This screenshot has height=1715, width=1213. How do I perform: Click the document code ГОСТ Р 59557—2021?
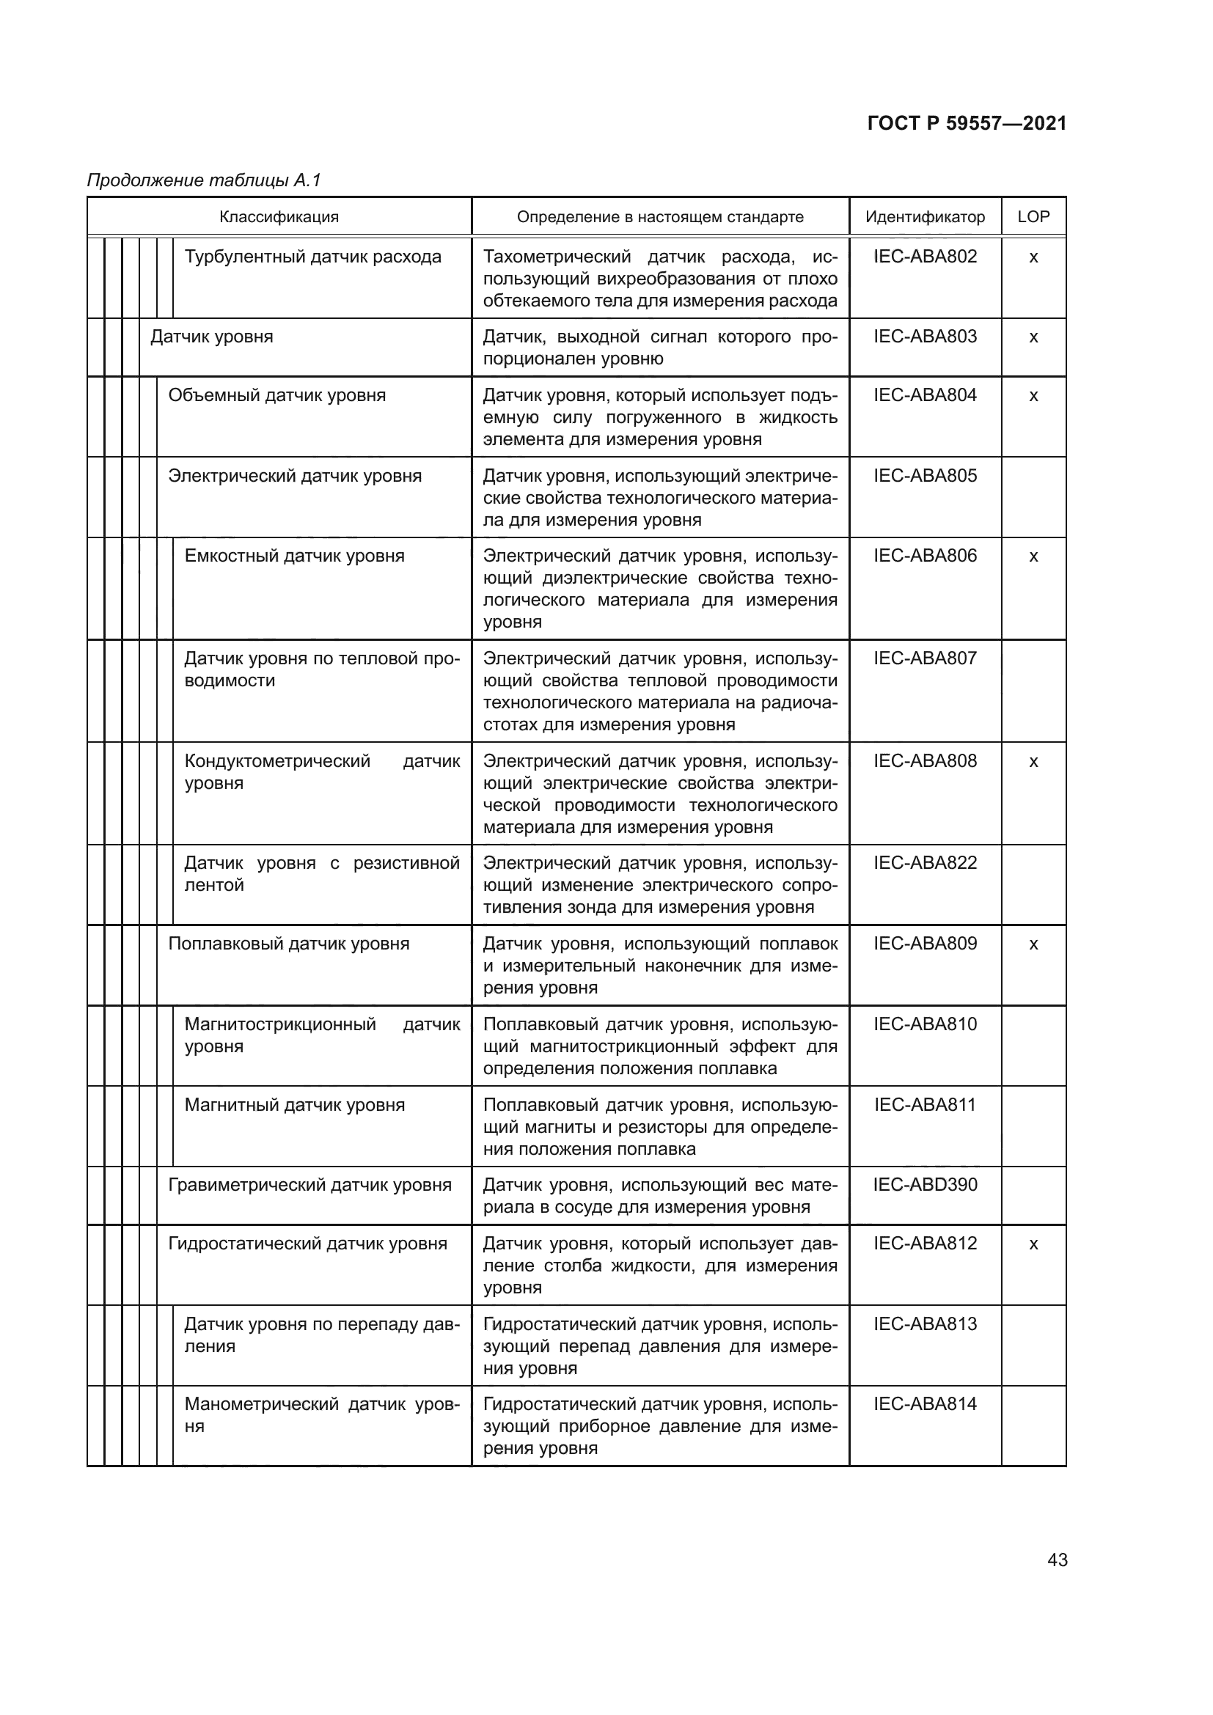(967, 123)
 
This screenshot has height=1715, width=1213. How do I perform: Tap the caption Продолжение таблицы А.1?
(204, 180)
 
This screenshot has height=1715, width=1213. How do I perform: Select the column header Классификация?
(279, 217)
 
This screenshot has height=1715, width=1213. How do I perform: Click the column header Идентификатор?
(925, 217)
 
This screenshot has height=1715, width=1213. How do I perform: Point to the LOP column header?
(1033, 216)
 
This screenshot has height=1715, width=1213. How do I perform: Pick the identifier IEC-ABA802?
(925, 257)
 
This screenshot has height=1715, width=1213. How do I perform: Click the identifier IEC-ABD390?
(925, 1185)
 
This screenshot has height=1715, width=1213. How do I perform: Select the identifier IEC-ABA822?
(925, 863)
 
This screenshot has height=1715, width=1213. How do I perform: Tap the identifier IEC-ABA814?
(925, 1403)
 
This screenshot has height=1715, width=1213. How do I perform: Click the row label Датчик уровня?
(212, 337)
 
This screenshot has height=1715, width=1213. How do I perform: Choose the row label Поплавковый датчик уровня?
(289, 944)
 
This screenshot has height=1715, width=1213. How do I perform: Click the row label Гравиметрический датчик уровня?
(310, 1185)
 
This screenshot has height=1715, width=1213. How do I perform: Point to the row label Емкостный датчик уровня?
(294, 556)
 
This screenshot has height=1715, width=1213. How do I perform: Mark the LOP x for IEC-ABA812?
(1034, 1244)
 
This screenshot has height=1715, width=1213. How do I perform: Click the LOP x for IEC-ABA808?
(1034, 762)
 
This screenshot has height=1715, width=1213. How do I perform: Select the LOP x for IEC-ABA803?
(1034, 337)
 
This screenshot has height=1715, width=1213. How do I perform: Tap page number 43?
(1058, 1560)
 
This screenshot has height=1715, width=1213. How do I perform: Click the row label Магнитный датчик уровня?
(294, 1105)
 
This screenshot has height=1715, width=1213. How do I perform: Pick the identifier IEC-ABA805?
(925, 476)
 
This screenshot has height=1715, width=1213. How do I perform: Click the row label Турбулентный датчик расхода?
(313, 257)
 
